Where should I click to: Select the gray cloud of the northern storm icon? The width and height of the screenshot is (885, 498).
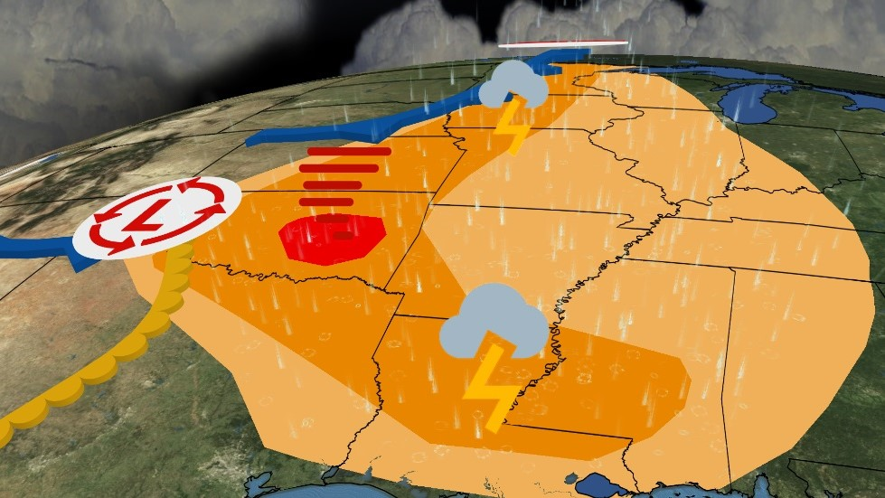[x=512, y=83]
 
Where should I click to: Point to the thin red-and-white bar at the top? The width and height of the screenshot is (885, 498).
[x=562, y=43]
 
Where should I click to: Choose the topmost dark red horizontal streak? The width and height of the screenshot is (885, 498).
[x=349, y=152]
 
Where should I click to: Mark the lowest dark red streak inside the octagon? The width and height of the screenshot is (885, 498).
[x=343, y=235]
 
